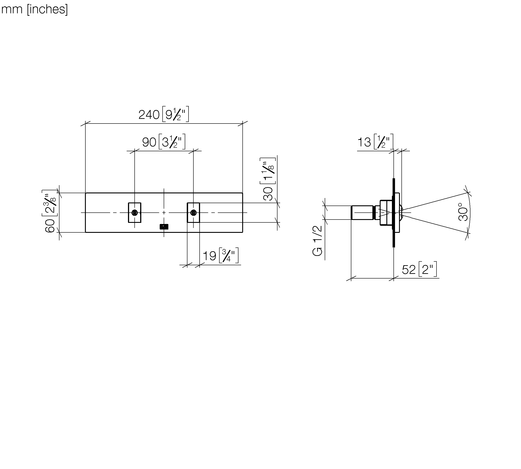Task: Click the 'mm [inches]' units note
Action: pyautogui.click(x=35, y=9)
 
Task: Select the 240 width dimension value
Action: pyautogui.click(x=149, y=114)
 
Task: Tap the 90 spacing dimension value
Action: pyautogui.click(x=149, y=142)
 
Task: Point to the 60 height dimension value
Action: pyautogui.click(x=50, y=226)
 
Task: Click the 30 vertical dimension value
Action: pyautogui.click(x=268, y=194)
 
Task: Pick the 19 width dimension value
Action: pyautogui.click(x=209, y=256)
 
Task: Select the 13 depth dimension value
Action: pyautogui.click(x=364, y=142)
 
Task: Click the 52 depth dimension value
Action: pyautogui.click(x=409, y=270)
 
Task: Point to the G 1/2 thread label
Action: pyautogui.click(x=317, y=241)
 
